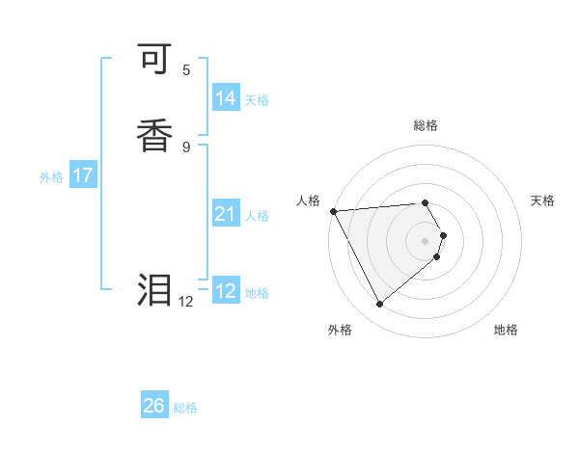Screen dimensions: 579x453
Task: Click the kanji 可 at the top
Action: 155,63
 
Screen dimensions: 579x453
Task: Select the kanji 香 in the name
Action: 155,135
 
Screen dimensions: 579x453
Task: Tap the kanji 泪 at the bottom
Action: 155,289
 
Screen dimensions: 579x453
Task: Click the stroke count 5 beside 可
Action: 186,69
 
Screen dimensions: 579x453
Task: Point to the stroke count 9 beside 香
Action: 186,147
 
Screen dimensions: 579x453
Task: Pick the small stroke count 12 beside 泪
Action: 186,302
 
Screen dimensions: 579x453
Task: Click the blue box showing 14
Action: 226,98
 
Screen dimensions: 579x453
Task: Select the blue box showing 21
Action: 226,214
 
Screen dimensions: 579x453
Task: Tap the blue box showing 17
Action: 83,175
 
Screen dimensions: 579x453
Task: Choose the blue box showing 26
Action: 154,406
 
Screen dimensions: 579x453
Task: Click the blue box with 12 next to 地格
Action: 226,291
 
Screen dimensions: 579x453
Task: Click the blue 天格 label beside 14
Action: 257,100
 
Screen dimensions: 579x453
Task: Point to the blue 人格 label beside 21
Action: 257,216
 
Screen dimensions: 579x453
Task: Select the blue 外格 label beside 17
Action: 51,177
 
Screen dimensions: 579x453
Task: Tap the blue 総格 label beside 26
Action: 185,408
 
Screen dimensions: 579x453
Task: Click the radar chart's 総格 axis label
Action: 425,125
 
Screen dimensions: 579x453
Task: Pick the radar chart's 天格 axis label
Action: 542,200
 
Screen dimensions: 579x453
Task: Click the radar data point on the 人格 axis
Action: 333,211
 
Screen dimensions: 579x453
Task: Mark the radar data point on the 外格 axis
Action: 379,304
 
